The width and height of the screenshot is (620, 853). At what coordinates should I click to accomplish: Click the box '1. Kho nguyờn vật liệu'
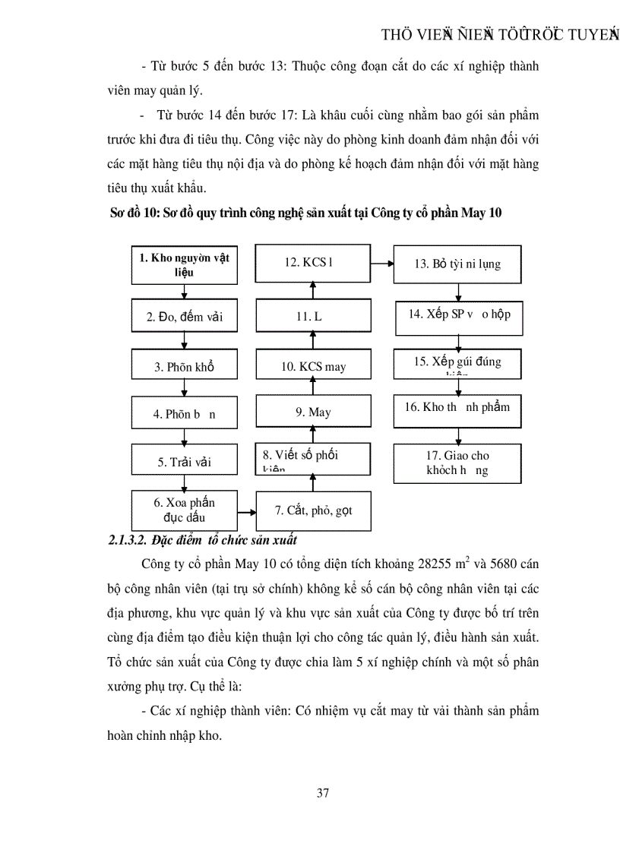pyautogui.click(x=184, y=264)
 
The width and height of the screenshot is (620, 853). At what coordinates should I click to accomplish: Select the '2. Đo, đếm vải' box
pyautogui.click(x=184, y=317)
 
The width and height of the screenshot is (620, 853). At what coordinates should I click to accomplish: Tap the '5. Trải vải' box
pyautogui.click(x=184, y=461)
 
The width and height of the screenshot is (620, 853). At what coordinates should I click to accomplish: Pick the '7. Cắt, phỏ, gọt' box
pyautogui.click(x=313, y=510)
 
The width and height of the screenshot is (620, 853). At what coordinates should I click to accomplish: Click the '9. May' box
pyautogui.click(x=313, y=412)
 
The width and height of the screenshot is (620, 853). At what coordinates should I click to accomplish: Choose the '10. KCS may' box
pyautogui.click(x=313, y=366)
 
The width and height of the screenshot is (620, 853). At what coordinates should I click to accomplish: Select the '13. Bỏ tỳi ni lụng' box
pyautogui.click(x=457, y=264)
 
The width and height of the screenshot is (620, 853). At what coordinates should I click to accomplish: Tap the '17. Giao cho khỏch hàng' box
pyautogui.click(x=457, y=463)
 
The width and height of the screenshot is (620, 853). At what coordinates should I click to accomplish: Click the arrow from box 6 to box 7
pyautogui.click(x=246, y=511)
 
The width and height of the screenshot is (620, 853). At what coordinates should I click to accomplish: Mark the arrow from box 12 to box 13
pyautogui.click(x=381, y=264)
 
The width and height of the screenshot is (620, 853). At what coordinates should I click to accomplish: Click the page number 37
pyautogui.click(x=322, y=794)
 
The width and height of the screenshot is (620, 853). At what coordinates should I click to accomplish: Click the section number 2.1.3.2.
pyautogui.click(x=131, y=541)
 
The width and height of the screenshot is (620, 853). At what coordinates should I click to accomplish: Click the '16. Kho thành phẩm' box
pyautogui.click(x=457, y=408)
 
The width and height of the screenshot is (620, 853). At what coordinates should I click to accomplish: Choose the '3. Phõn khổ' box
pyautogui.click(x=184, y=366)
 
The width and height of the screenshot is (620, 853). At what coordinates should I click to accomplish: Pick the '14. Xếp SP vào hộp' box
pyautogui.click(x=459, y=315)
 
